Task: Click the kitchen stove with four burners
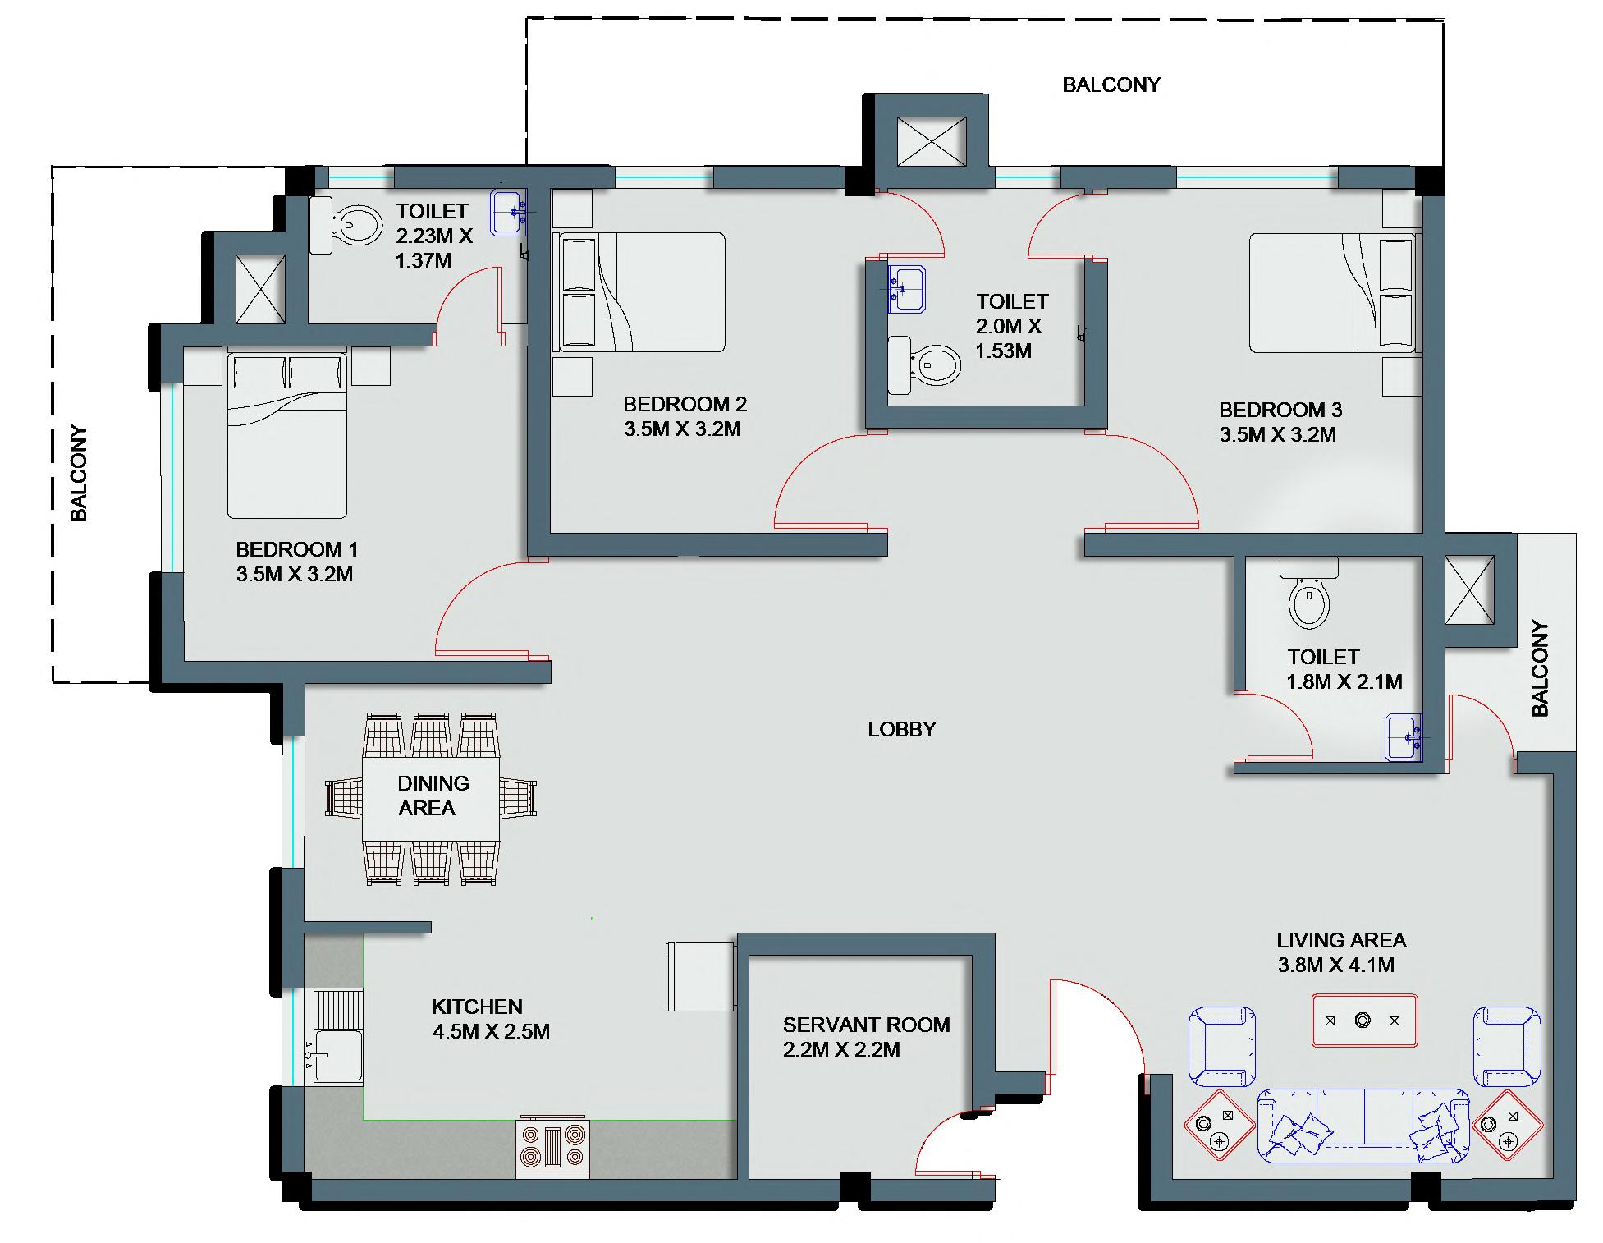click(x=553, y=1147)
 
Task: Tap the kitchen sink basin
click(x=337, y=1057)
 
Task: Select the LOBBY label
click(x=901, y=729)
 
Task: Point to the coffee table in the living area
click(x=1363, y=1021)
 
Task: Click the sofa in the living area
click(x=1363, y=1126)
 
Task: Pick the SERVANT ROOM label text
click(x=866, y=1025)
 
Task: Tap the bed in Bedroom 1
click(x=287, y=433)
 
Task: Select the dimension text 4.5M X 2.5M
click(x=491, y=1031)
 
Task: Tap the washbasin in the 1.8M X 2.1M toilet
click(x=1404, y=737)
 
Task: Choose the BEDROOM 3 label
click(x=1280, y=410)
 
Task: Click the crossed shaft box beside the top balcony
click(x=931, y=142)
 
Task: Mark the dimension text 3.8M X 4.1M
click(x=1335, y=965)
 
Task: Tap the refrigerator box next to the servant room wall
click(x=700, y=976)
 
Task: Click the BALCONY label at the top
click(x=1111, y=85)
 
